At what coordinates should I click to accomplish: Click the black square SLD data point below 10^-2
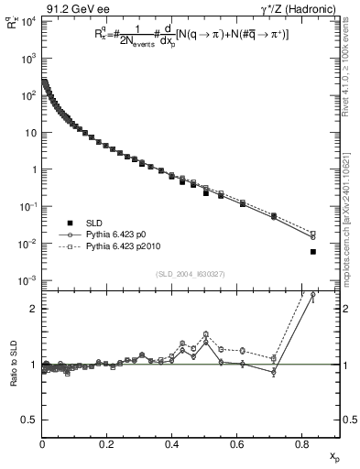pyautogui.click(x=313, y=251)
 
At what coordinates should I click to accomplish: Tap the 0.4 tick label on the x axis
pyautogui.click(x=171, y=446)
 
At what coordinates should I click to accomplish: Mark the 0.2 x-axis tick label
pyautogui.click(x=107, y=446)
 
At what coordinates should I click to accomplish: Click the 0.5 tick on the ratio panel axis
pyautogui.click(x=28, y=420)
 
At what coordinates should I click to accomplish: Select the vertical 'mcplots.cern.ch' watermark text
pyautogui.click(x=353, y=229)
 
